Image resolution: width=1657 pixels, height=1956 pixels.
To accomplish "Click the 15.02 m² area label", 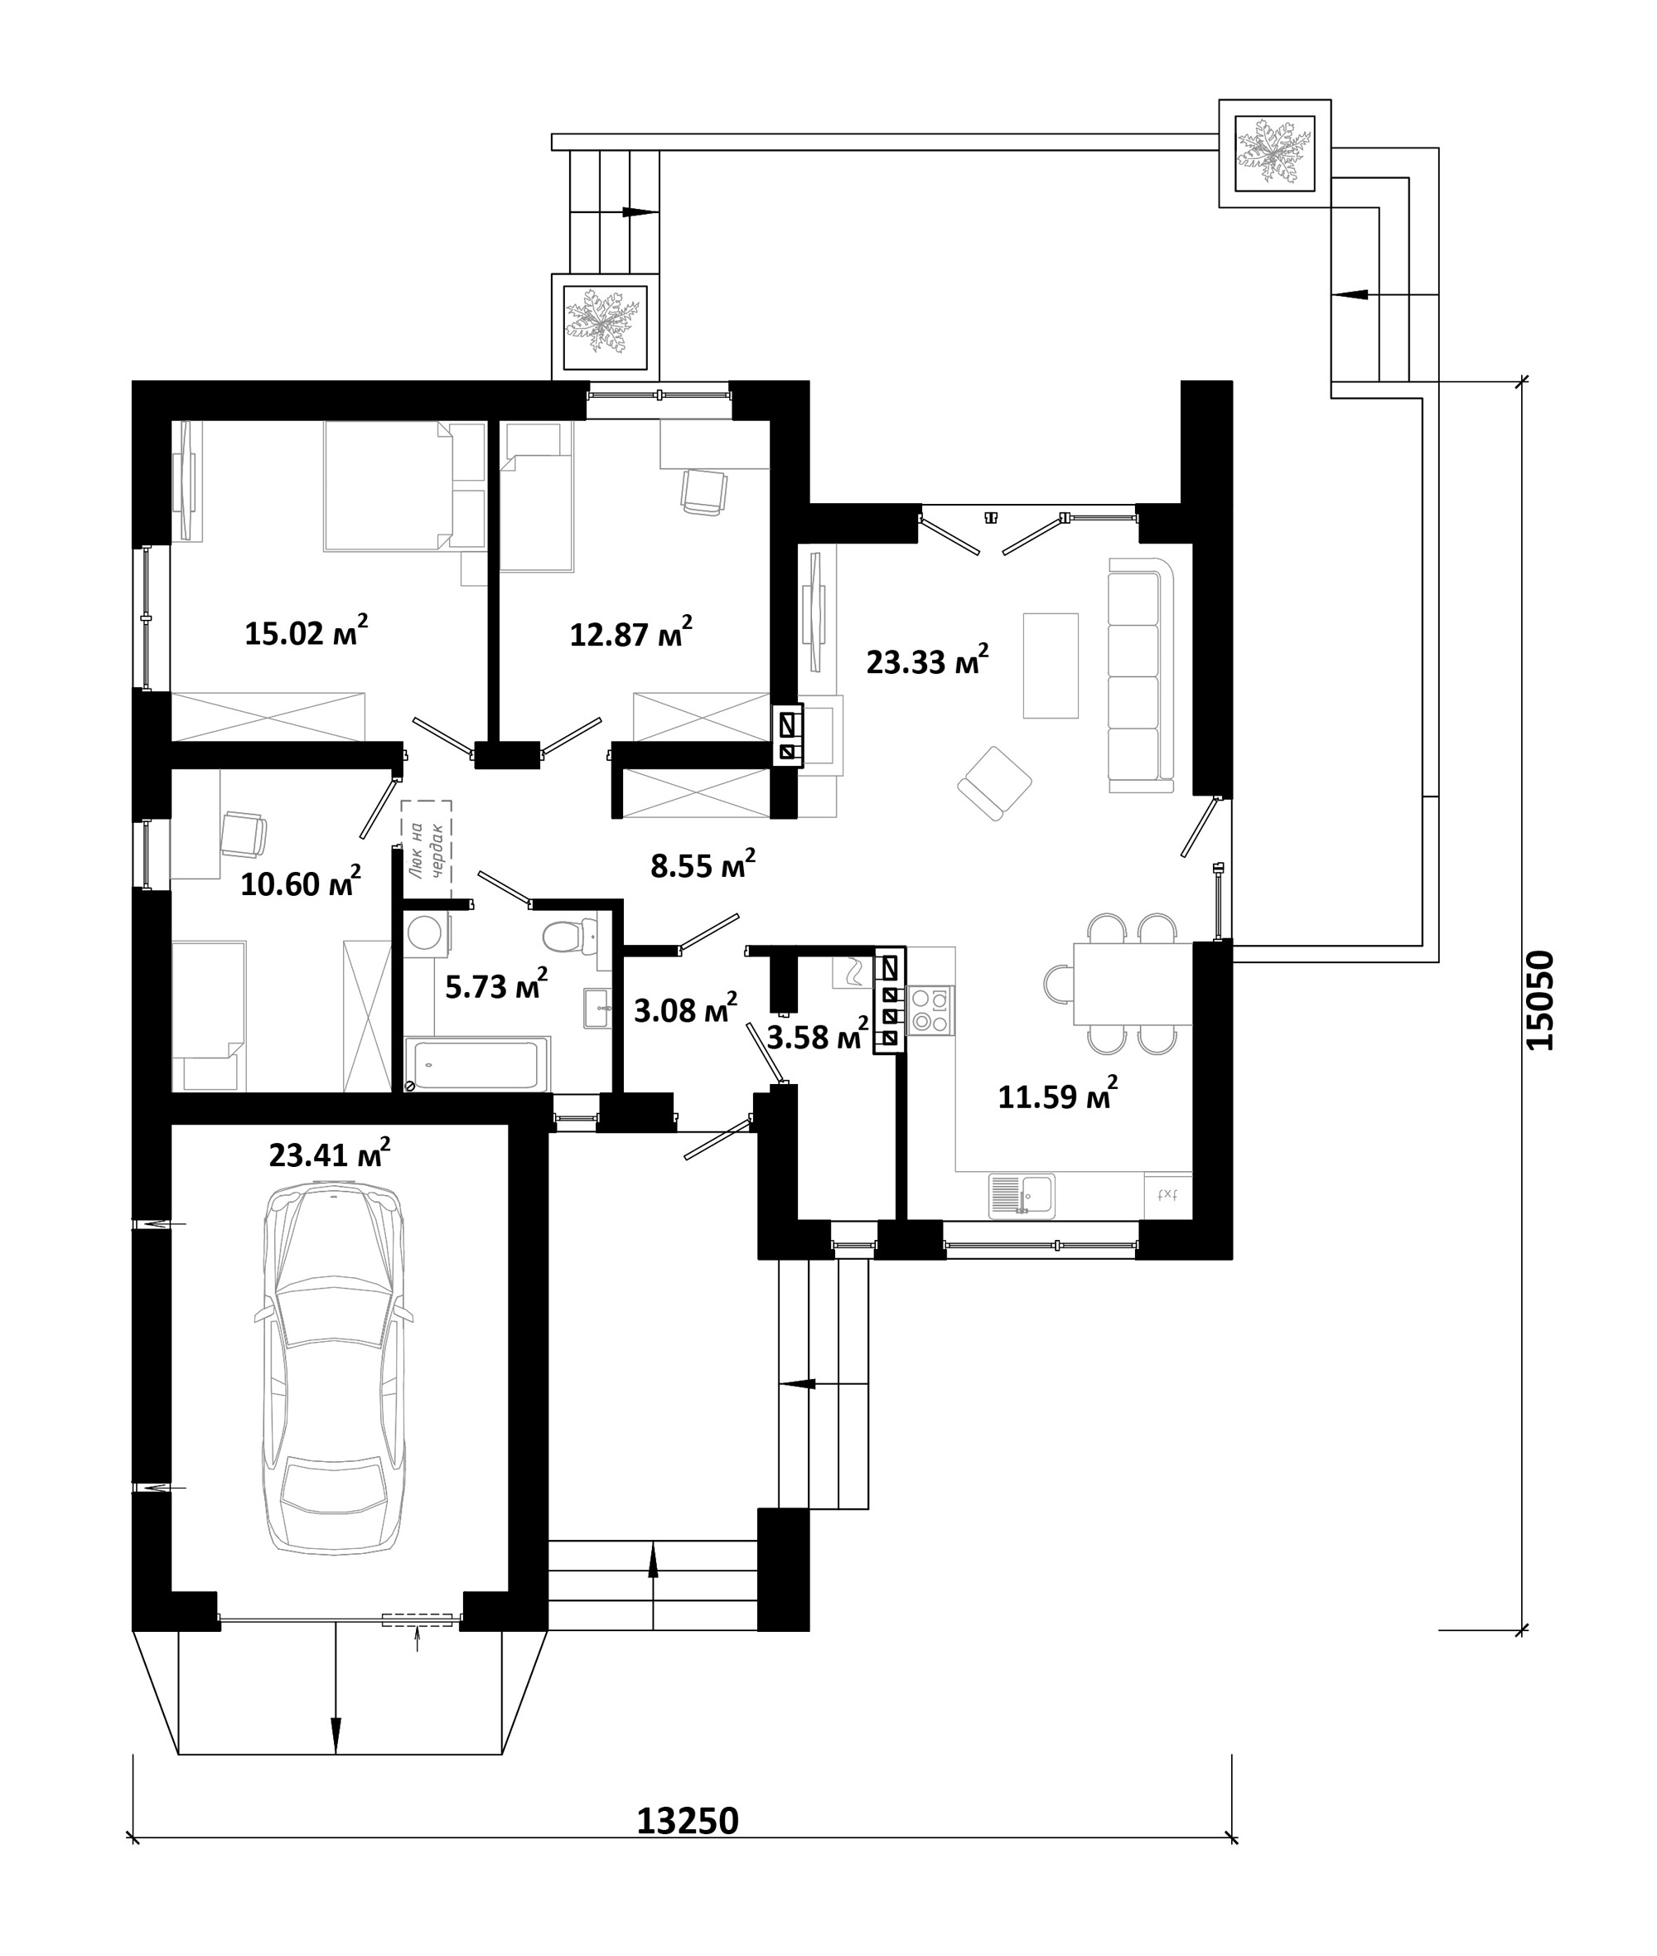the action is [x=307, y=631].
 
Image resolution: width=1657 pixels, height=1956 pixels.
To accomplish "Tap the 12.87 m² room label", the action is [x=631, y=632].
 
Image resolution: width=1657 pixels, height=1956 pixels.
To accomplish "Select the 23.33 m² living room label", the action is [x=927, y=661].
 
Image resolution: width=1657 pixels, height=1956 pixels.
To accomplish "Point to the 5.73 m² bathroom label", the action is [x=497, y=985].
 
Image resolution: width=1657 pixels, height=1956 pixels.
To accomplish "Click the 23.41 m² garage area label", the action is [x=330, y=1154].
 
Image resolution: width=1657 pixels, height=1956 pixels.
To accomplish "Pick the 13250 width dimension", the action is [x=688, y=1822].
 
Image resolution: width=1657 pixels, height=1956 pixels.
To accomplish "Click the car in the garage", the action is [x=335, y=1369].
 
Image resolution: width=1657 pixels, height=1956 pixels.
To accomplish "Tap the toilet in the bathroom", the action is [x=570, y=936].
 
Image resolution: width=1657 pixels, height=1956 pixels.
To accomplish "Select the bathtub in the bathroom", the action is [x=477, y=1063].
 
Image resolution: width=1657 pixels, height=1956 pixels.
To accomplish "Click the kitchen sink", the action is [x=1022, y=1196].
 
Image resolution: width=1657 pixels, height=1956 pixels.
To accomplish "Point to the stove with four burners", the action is [x=931, y=1010].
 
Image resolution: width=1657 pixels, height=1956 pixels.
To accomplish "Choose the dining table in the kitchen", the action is [x=1133, y=983].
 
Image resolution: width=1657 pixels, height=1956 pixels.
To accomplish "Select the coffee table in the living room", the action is [x=1051, y=666].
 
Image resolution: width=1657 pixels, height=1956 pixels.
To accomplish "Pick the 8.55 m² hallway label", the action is [x=703, y=864].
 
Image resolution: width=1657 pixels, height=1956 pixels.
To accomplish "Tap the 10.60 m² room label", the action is [x=301, y=884].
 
